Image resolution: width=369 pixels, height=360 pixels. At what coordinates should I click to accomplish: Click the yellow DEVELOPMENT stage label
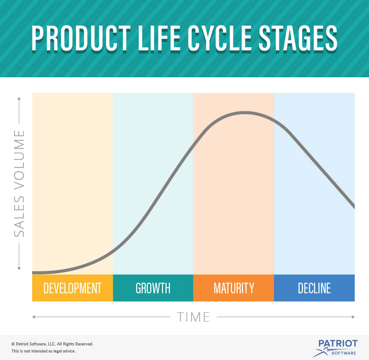pyautogui.click(x=72, y=288)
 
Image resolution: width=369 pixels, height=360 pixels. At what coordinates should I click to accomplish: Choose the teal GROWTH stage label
pyautogui.click(x=153, y=288)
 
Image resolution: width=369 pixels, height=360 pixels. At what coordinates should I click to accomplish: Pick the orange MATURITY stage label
pyautogui.click(x=234, y=288)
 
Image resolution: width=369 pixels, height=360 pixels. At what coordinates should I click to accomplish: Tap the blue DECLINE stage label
pyautogui.click(x=314, y=288)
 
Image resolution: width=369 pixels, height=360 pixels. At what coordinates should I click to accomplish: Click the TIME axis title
pyautogui.click(x=194, y=317)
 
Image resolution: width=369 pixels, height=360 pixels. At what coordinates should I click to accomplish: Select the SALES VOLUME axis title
pyautogui.click(x=19, y=183)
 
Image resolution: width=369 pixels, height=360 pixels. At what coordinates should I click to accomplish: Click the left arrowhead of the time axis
pyautogui.click(x=34, y=317)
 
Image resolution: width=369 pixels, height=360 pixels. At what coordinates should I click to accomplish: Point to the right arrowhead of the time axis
pyautogui.click(x=353, y=317)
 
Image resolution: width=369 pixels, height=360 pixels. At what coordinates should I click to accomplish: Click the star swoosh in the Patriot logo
pyautogui.click(x=322, y=352)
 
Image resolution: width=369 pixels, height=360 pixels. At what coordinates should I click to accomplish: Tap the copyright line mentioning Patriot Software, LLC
pyautogui.click(x=52, y=344)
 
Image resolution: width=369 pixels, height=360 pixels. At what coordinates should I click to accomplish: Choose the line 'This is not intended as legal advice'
pyautogui.click(x=43, y=351)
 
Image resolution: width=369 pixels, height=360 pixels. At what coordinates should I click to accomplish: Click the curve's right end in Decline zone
pyautogui.click(x=354, y=206)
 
